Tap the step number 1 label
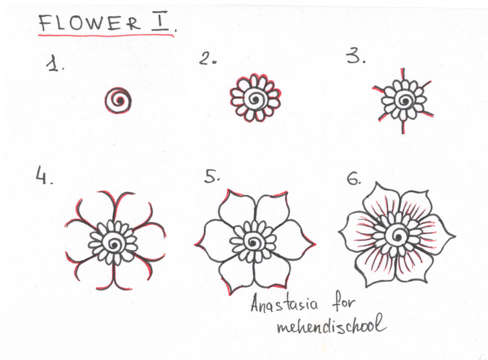(56, 64)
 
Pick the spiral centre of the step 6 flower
(396, 234)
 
